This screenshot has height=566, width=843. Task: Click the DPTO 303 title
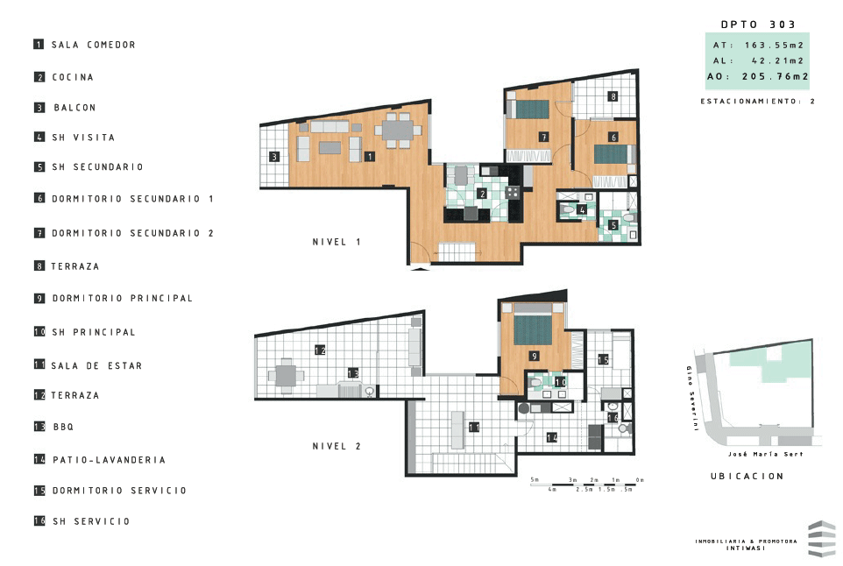[x=758, y=25]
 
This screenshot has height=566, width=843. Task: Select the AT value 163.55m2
[x=775, y=45]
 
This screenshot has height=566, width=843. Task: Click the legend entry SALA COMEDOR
[x=93, y=45]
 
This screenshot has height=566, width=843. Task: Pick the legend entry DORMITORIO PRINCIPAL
[x=122, y=299]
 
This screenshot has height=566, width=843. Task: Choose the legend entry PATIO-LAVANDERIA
[x=108, y=460]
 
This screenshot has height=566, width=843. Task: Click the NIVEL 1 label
[x=336, y=242]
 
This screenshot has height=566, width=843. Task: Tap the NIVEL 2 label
[x=336, y=446]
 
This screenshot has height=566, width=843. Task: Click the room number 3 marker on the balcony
[x=274, y=158]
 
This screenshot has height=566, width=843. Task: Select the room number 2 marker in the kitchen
[x=482, y=193]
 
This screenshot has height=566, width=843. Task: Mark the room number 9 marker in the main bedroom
[x=534, y=356]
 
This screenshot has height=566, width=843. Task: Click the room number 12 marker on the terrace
[x=320, y=350]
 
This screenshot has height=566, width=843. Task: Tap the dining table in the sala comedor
[x=399, y=131]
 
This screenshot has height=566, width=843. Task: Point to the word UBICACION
[x=747, y=477]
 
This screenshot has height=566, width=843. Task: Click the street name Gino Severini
[x=692, y=400]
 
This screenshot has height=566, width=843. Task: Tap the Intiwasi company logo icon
[x=821, y=539]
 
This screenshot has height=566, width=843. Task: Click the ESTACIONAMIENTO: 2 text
[x=758, y=102]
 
